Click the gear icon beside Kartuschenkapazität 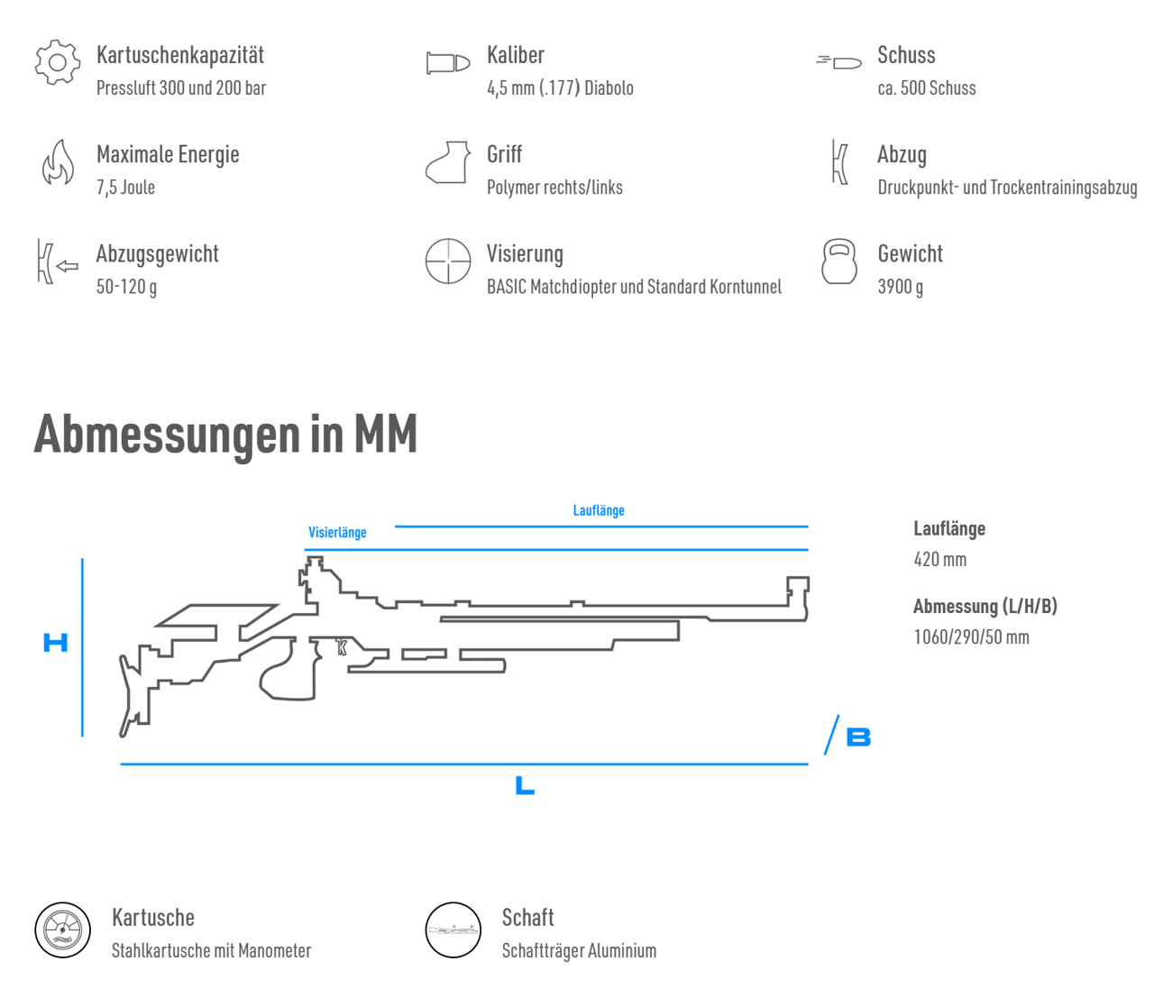point(58,62)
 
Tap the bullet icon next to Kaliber point(448,63)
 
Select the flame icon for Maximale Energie point(58,162)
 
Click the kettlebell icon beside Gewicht point(839,261)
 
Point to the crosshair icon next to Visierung point(448,261)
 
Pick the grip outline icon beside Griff point(448,162)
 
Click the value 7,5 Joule point(125,188)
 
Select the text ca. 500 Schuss point(927,87)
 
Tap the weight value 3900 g point(901,287)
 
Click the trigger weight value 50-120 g point(127,287)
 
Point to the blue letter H point(55,642)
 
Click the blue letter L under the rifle point(524,785)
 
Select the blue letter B point(858,737)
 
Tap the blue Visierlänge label point(337,532)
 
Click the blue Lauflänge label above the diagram point(599,510)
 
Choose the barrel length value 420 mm point(940,559)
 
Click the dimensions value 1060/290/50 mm point(972,636)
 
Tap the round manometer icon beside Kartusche point(62,930)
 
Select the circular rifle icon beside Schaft point(453,930)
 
